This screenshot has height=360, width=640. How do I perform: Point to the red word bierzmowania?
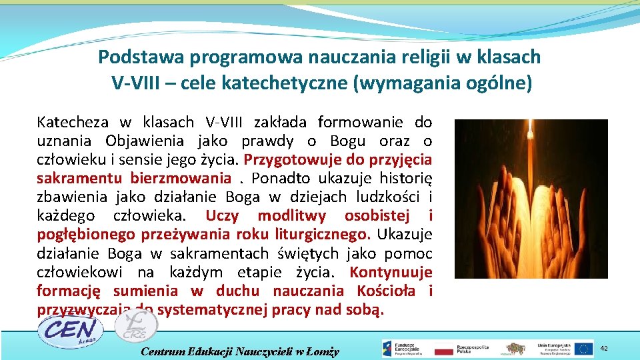181,179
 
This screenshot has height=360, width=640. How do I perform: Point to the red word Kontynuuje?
391,272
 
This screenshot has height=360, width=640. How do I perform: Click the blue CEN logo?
69,331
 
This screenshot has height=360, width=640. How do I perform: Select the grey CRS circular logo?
136,325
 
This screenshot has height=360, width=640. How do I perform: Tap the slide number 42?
605,348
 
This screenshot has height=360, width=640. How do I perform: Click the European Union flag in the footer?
585,349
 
